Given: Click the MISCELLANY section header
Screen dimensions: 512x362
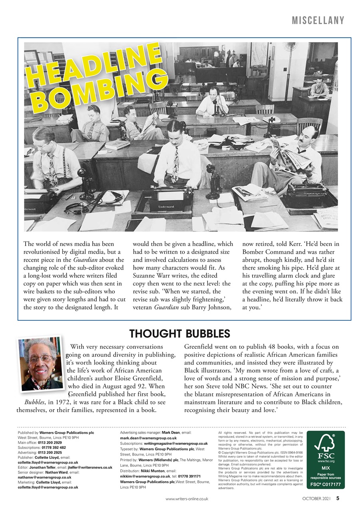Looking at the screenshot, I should (x=318, y=20).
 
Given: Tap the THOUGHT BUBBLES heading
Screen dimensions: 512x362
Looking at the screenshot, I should (x=179, y=334).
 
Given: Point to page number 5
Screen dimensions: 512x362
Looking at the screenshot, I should (x=338, y=498).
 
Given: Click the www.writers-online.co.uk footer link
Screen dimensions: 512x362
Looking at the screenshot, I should (x=187, y=499).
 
